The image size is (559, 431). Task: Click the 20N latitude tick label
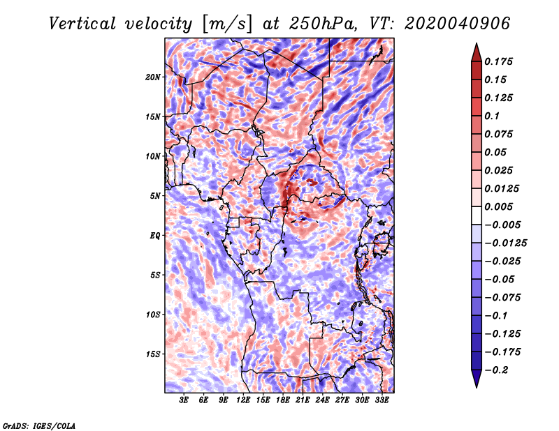coord(152,77)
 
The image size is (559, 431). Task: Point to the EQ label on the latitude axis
coord(154,236)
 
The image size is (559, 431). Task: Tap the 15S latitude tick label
coord(153,354)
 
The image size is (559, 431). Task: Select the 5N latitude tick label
coord(154,196)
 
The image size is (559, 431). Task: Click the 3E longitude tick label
coord(184,400)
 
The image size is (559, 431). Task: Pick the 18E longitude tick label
coord(283,400)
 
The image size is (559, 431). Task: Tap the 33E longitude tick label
coord(382,400)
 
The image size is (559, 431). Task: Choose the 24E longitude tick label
coord(322,400)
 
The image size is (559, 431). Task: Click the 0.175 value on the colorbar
coord(498,61)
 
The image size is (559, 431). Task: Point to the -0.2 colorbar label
coord(496,370)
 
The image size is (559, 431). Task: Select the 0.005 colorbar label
coord(498,206)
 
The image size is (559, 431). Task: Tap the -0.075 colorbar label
coord(502,298)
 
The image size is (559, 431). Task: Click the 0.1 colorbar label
coord(492,116)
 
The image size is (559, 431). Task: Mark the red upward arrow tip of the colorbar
coord(477,44)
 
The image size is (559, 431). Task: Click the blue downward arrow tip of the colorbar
coord(477,387)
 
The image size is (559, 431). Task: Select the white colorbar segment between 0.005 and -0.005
coord(477,215)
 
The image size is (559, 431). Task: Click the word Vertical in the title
coord(82,24)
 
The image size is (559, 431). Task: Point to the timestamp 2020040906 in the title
coord(457,24)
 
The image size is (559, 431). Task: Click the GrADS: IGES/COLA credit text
coord(39,425)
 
